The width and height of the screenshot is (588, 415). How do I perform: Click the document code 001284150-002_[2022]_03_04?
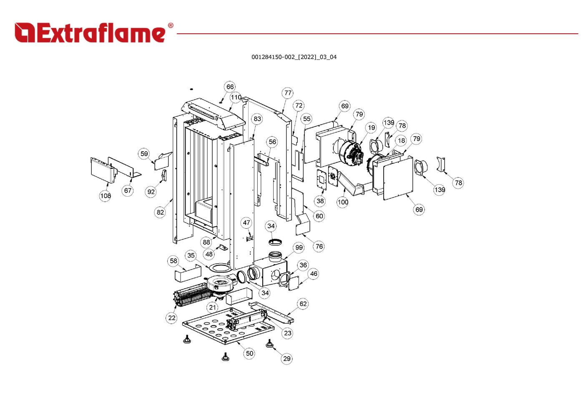294,57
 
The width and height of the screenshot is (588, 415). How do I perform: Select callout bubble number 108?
106,196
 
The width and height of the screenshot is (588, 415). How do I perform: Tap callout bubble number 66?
230,87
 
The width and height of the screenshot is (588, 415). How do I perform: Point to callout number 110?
236,97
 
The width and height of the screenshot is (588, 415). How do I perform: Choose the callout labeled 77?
288,93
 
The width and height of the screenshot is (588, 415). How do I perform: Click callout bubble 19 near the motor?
371,127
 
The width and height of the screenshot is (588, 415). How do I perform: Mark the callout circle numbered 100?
343,202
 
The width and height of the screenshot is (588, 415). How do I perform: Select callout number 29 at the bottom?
286,358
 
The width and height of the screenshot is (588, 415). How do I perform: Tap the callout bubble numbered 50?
249,353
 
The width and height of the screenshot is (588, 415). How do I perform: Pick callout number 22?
172,318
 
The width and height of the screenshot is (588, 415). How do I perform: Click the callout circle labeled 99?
299,247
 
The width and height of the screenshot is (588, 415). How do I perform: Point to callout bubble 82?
161,212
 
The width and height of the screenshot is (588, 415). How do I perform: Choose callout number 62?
303,304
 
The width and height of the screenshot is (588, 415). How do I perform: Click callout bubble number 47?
246,222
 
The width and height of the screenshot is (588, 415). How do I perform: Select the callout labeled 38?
320,201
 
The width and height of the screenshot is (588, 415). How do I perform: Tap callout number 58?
173,261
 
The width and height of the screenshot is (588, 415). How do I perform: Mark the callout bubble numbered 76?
319,246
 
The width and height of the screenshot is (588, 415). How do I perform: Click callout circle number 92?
151,192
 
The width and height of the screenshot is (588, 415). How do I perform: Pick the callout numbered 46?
314,274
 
